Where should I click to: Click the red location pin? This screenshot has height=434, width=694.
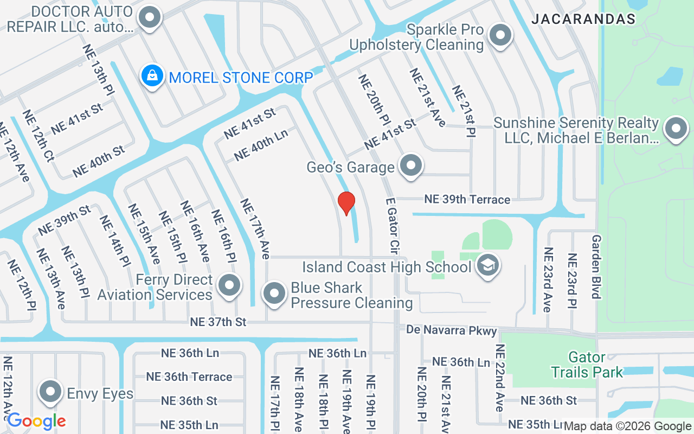pos(346,203)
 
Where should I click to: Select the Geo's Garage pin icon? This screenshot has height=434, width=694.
pos(411,165)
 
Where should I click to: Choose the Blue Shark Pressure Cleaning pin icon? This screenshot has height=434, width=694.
pos(274,293)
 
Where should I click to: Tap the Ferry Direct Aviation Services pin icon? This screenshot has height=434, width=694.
pos(229,285)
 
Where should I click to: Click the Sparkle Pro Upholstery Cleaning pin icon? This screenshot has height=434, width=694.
pos(500,35)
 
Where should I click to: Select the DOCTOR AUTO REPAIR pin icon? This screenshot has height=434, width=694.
pos(150,18)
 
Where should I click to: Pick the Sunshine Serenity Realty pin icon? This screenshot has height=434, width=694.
pos(676,129)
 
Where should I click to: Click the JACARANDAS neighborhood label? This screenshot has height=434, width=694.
pos(583,19)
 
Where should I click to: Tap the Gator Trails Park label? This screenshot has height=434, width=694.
pos(587,365)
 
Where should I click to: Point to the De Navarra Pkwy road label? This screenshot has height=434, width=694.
pos(452,330)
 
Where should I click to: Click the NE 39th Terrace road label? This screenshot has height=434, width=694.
pos(467,200)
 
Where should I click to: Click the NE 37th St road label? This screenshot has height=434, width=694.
pos(218,322)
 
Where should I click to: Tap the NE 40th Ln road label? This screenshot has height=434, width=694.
pos(261,145)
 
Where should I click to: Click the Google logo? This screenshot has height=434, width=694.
pos(36,421)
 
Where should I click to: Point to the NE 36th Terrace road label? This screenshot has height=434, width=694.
pos(189,376)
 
